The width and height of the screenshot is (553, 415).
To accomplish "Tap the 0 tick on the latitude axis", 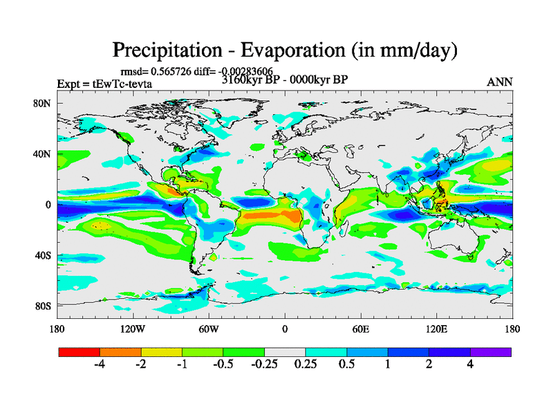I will click(48, 205).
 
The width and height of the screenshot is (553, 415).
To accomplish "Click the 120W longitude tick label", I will click(131, 329).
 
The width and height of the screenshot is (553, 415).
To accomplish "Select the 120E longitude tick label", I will click(436, 329).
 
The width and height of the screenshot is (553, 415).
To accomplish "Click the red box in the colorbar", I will click(79, 352).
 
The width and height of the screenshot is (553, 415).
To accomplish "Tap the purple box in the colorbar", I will click(491, 352).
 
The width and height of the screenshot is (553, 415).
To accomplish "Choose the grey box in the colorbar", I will click(285, 352).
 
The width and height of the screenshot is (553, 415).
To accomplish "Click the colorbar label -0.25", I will click(263, 365).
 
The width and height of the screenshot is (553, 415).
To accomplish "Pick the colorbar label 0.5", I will click(346, 365).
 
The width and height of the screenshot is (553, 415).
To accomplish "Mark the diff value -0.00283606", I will click(243, 71).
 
